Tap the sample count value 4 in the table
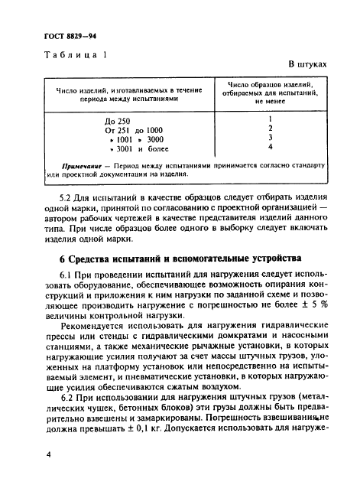pos(271,148)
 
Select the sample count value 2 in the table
pos(271,129)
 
